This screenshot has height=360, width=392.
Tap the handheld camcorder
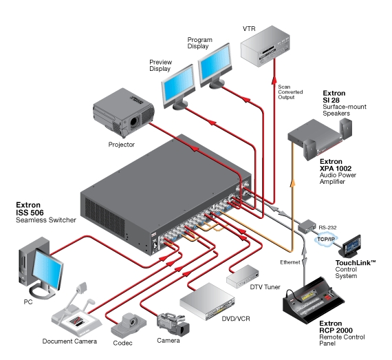pyautogui.click(x=169, y=322)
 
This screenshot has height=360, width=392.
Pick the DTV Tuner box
pyautogui.click(x=246, y=275)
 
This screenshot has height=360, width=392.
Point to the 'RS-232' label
pyautogui.click(x=327, y=224)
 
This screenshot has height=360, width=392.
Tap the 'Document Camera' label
pyautogui.click(x=69, y=341)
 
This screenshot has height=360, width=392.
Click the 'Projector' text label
pyautogui.click(x=121, y=145)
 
